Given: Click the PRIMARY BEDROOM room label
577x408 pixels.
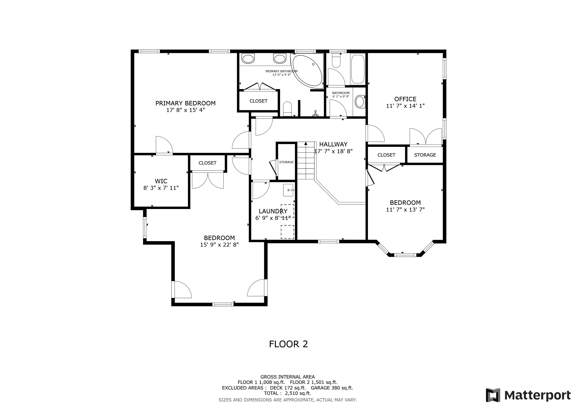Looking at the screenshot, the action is coord(185,103).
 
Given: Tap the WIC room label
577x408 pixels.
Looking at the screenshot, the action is coord(161,181).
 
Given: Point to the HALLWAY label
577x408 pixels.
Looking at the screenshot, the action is coord(333,144).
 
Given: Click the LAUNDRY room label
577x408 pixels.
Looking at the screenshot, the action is coord(273,211).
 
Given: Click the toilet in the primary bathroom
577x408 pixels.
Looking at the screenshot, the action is coord(287,109).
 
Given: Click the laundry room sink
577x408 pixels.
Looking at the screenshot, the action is coord(288,190).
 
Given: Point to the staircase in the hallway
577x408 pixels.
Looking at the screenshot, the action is coord(306,161).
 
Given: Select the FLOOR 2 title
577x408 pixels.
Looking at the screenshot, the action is coord(288,344).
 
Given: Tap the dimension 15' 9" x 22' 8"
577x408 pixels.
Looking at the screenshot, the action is coord(219,245).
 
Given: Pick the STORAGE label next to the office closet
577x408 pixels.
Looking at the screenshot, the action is coord(425,155).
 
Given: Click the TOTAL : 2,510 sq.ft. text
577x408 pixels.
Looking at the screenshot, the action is coord(288,393).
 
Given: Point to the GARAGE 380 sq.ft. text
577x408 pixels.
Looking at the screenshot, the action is coord(332,388).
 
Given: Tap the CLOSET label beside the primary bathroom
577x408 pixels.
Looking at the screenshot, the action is coord(258,101).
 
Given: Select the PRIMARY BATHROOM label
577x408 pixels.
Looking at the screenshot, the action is coord(282,71).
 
